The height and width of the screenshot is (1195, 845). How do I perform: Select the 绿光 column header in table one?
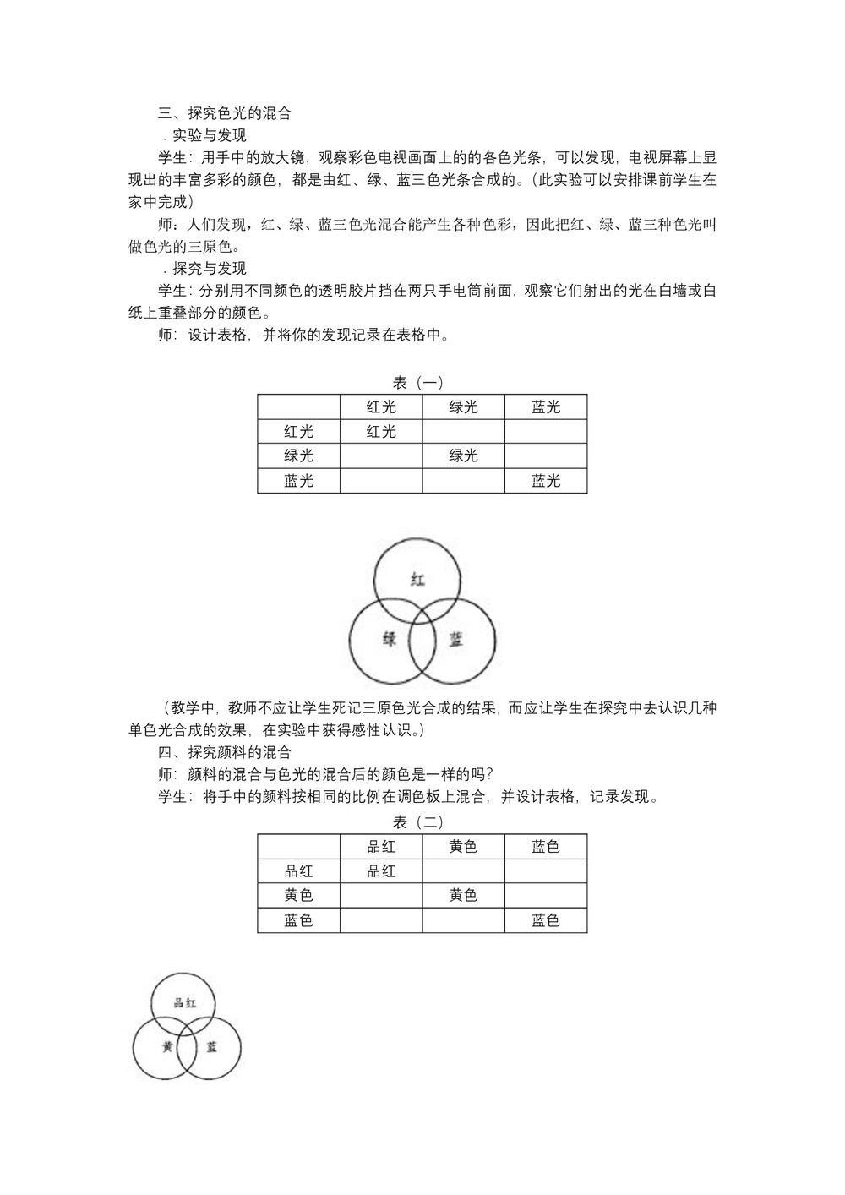pyautogui.click(x=463, y=407)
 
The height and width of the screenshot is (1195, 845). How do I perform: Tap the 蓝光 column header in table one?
pyautogui.click(x=546, y=407)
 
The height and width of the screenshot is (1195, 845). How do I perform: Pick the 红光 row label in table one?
pyautogui.click(x=299, y=431)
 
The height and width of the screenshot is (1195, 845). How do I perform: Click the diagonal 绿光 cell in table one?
pyautogui.click(x=463, y=456)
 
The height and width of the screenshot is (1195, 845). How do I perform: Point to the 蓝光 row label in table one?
pyautogui.click(x=299, y=481)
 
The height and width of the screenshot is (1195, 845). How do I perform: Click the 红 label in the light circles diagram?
pyautogui.click(x=417, y=580)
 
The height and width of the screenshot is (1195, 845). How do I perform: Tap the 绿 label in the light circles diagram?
pyautogui.click(x=390, y=640)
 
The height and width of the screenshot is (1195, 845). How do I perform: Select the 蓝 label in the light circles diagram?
pyautogui.click(x=455, y=640)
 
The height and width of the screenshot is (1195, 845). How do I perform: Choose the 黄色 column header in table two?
pyautogui.click(x=463, y=846)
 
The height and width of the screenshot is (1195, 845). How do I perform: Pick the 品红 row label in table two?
pyautogui.click(x=299, y=870)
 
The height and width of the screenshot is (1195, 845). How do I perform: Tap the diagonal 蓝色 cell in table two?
pyautogui.click(x=546, y=920)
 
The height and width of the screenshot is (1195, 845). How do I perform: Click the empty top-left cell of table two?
pyautogui.click(x=299, y=846)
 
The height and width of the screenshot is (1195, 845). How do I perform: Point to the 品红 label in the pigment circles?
pyautogui.click(x=184, y=1003)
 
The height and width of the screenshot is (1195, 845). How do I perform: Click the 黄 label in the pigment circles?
pyautogui.click(x=167, y=1047)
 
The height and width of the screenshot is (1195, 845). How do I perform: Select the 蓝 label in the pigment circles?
pyautogui.click(x=211, y=1047)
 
